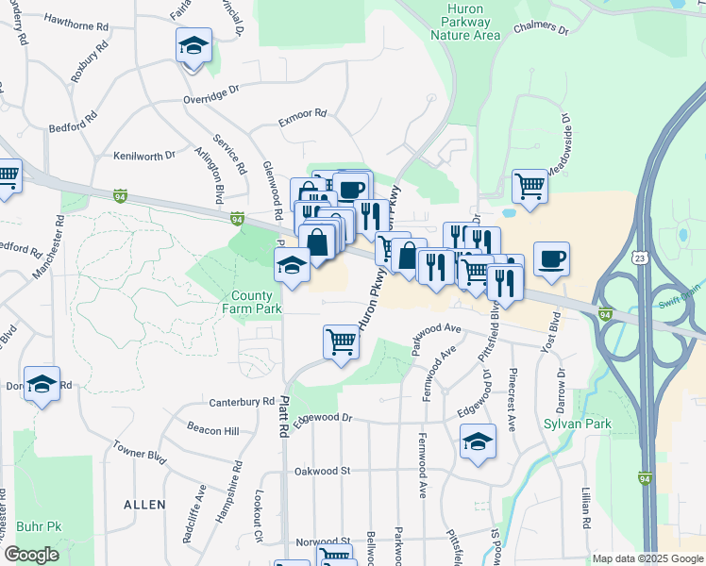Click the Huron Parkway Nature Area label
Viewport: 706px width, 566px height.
coord(464,22)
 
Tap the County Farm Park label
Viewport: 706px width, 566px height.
coord(252,302)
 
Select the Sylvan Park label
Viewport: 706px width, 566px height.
coord(578,424)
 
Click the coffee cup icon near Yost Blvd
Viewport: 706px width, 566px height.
coord(551,258)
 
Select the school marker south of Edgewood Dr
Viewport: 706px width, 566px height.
coord(478,441)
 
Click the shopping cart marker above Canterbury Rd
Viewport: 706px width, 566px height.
coord(341,342)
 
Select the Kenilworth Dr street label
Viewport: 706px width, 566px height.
coord(144,155)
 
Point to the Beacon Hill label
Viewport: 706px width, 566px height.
coord(212,430)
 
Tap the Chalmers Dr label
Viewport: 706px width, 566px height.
coord(542,29)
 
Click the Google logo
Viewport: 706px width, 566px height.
coord(32,556)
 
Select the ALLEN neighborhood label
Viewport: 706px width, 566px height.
coord(144,506)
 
